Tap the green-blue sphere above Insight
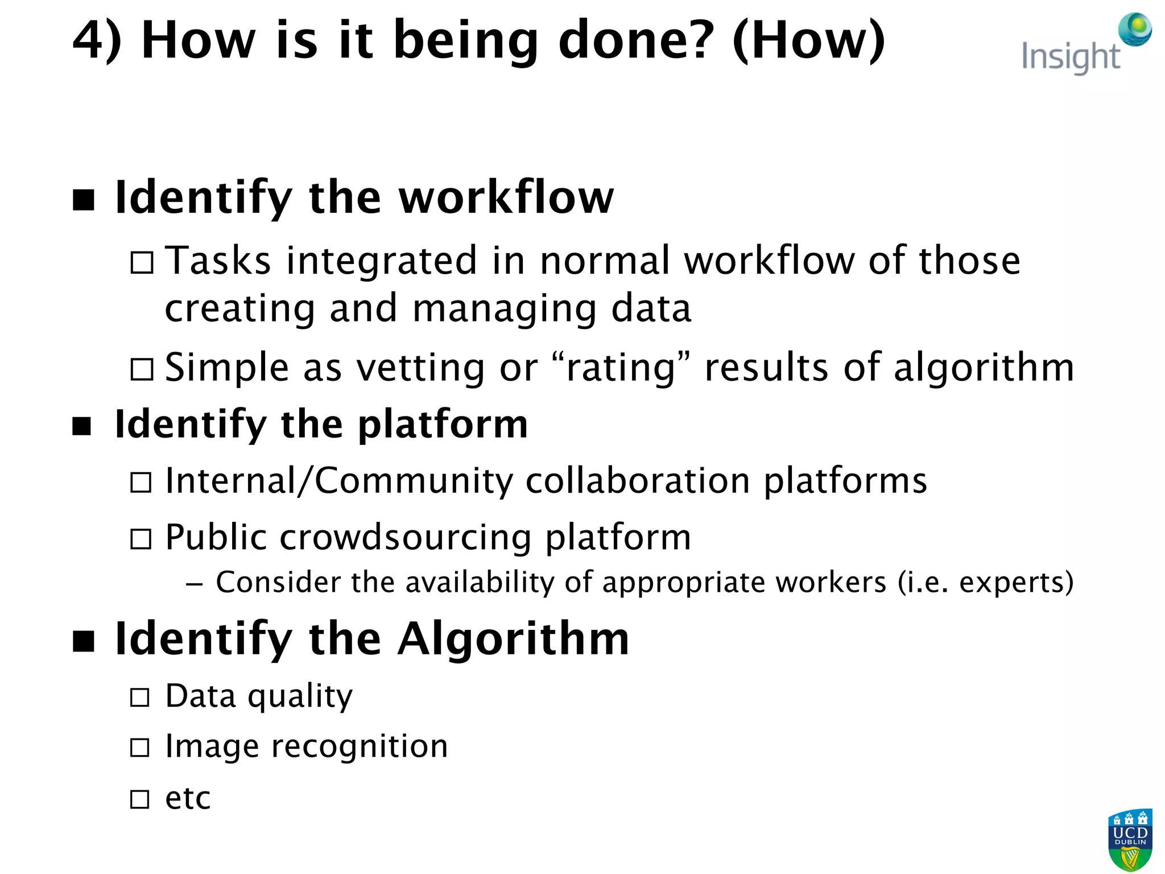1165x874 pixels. [1135, 29]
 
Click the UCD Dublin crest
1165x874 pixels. [1130, 839]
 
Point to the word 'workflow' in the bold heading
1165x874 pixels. [506, 197]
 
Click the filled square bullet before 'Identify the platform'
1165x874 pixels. [82, 426]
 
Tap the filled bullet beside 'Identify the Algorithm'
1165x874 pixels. [84, 641]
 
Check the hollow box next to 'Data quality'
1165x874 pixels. [140, 697]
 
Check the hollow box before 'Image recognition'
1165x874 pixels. [140, 747]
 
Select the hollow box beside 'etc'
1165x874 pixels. [140, 799]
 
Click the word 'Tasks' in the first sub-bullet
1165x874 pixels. [218, 261]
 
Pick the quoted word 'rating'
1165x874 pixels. [621, 368]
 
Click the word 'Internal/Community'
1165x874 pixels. [339, 481]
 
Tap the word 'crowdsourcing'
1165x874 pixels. [406, 537]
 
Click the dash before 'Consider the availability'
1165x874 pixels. [194, 584]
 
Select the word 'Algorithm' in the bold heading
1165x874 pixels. [513, 639]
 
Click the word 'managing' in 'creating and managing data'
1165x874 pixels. [505, 310]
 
